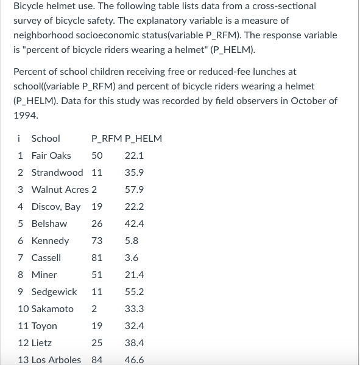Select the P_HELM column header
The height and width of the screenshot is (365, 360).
[143, 138]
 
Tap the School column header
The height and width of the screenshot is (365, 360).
[46, 138]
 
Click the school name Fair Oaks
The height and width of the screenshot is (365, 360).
[51, 155]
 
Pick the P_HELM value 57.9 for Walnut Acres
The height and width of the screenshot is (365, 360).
[134, 189]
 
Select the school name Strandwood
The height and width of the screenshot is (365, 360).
[57, 172]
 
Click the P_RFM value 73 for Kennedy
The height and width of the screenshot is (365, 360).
[97, 240]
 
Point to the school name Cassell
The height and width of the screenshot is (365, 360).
[46, 257]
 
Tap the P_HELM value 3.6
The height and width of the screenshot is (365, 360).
[132, 257]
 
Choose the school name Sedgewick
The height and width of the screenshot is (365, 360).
[54, 291]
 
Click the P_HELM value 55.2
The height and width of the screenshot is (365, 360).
[134, 291]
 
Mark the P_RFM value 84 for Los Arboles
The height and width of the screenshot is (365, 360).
[97, 360]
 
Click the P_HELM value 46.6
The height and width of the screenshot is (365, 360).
[134, 360]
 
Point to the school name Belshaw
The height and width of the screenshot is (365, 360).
[49, 223]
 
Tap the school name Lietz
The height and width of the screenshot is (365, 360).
[41, 342]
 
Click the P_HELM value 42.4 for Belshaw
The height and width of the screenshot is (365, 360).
[134, 223]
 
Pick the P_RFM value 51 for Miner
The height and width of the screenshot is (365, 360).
[97, 274]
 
